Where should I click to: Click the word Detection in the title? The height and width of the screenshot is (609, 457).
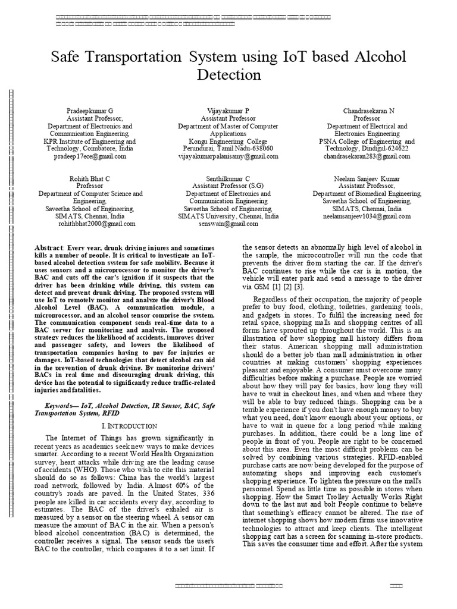click(x=228, y=75)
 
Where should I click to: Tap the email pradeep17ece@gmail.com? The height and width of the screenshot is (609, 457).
click(x=90, y=156)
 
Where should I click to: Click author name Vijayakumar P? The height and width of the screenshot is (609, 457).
click(x=228, y=111)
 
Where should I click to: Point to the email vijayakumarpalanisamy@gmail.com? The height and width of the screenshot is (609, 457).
click(x=228, y=156)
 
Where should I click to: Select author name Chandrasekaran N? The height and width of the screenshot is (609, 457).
click(x=368, y=111)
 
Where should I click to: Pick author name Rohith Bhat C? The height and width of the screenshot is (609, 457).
click(x=90, y=179)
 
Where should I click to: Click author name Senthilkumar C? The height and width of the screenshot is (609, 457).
click(x=228, y=179)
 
